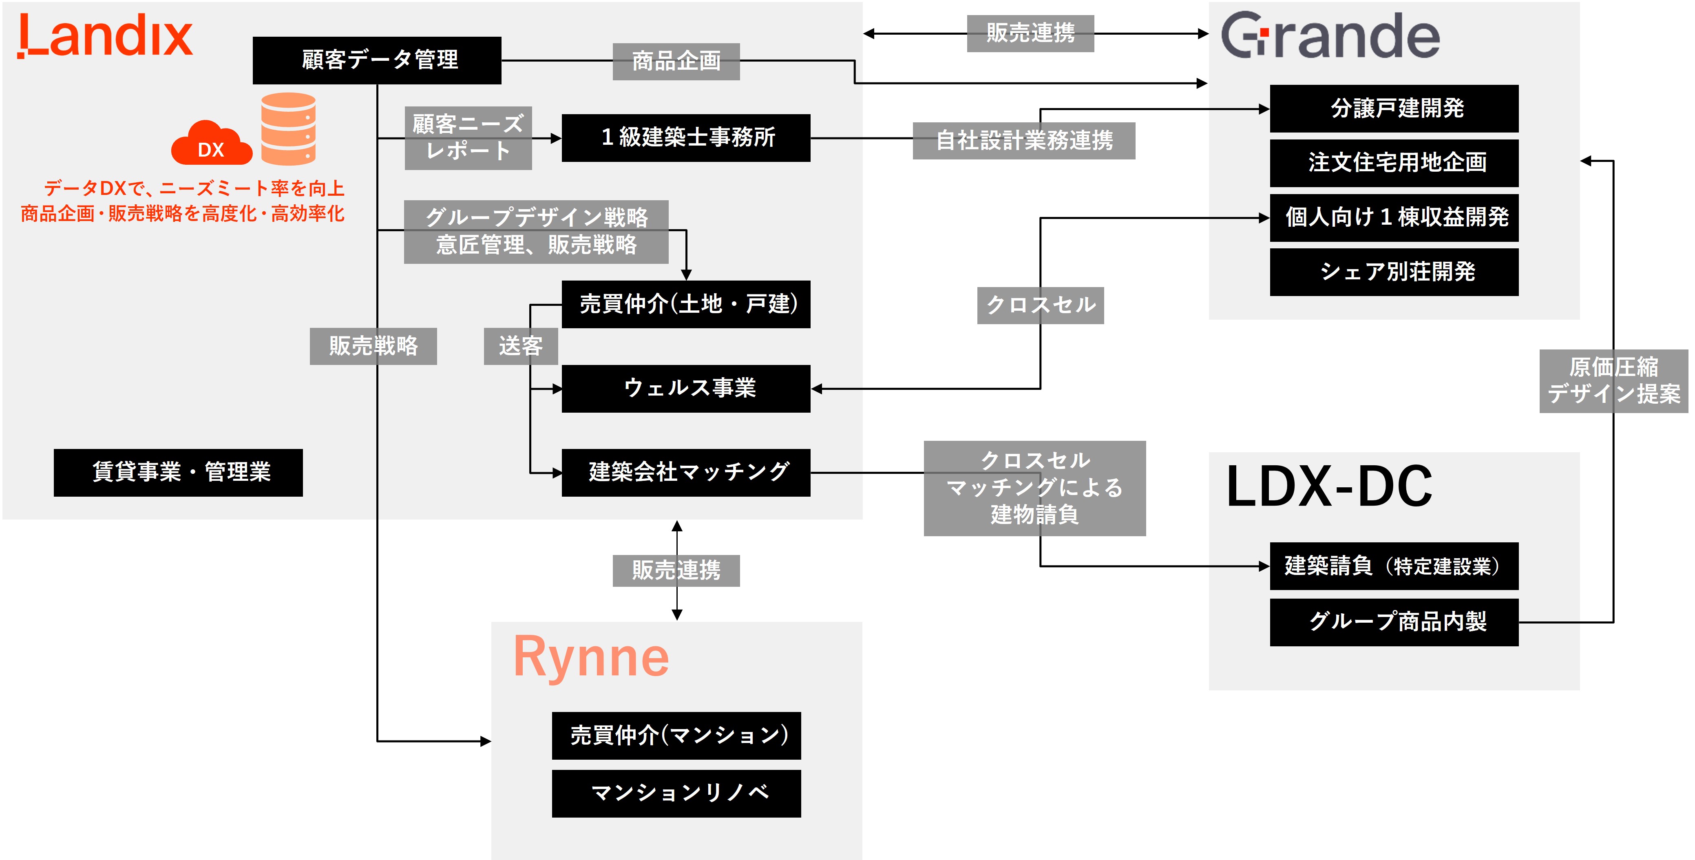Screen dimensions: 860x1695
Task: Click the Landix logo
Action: click(105, 36)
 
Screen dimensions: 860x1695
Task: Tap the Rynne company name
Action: click(590, 656)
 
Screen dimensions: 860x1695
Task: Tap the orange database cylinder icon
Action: click(288, 128)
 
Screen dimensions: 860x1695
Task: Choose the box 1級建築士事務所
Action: click(686, 137)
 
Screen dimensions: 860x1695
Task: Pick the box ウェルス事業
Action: click(686, 388)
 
